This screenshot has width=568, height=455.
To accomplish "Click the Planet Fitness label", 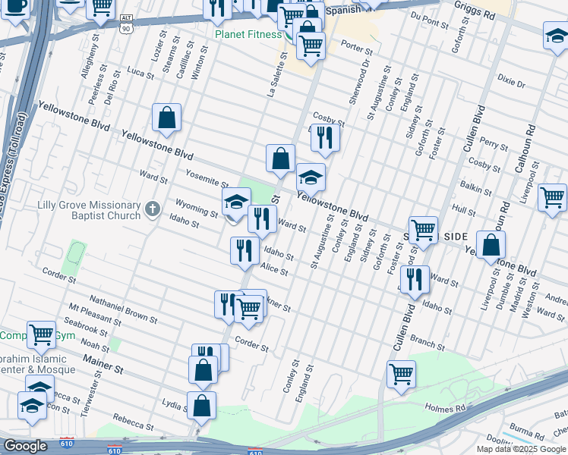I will [248, 34].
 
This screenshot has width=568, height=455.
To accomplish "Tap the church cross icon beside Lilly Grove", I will [153, 208].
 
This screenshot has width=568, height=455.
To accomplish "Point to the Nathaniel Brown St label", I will [123, 309].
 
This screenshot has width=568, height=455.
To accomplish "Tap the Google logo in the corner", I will [25, 446].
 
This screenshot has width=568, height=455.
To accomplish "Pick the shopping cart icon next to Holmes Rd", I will [401, 373].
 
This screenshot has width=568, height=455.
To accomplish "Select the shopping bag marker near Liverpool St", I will [492, 246].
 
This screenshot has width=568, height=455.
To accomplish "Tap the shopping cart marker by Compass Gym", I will [40, 334].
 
